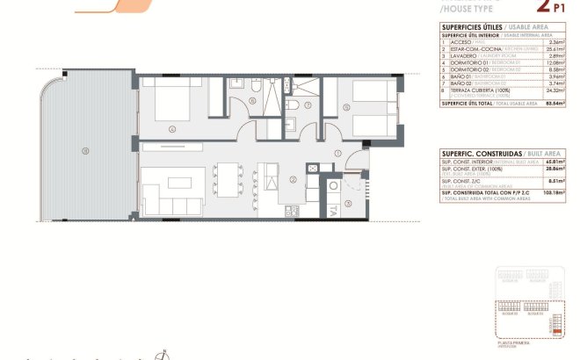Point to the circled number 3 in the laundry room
348,203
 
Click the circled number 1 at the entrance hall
337,154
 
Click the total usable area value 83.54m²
555,103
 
